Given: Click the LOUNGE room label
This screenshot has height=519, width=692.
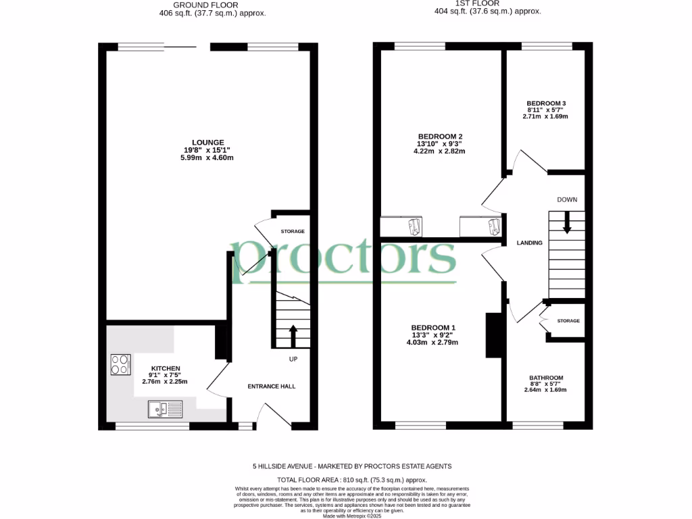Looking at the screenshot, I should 207,142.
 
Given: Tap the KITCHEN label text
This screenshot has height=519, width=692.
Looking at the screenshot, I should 165,368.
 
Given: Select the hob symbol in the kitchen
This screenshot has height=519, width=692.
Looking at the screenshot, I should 121,365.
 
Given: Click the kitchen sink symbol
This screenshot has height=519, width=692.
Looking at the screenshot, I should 166,408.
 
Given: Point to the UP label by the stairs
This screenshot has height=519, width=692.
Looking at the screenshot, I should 293,359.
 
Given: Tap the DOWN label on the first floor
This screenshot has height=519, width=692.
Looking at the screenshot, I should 567,200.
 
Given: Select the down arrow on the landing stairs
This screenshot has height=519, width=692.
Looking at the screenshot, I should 567,223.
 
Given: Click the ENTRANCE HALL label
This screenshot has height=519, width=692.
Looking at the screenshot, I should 271,387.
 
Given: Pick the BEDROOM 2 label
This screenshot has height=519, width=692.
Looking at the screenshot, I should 440,136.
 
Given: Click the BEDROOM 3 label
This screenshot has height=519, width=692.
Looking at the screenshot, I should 546,103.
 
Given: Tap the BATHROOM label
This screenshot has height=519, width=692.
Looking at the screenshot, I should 546,378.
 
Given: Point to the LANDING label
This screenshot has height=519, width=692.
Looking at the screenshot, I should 530,243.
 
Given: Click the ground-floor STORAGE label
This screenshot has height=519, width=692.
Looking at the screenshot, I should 293,231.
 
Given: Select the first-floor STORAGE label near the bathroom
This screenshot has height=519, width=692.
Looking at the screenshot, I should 568,321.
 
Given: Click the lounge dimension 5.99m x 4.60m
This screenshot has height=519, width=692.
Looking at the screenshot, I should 207,158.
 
